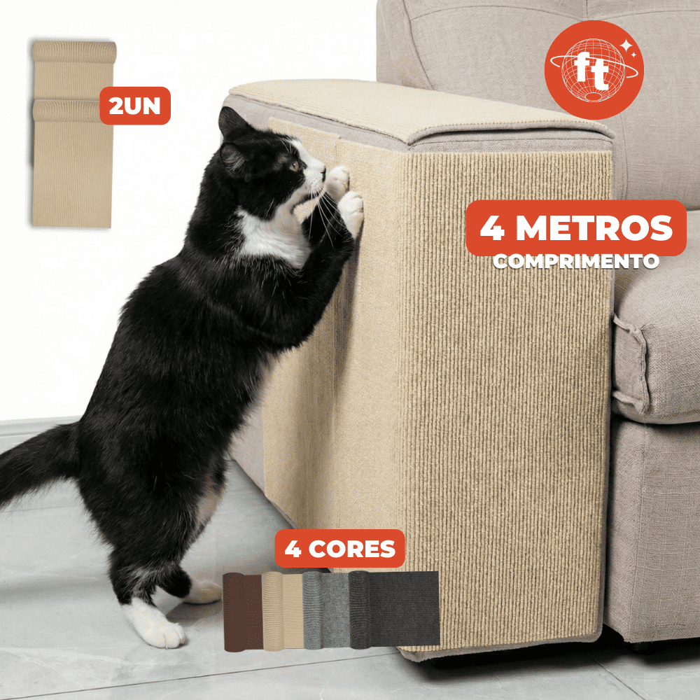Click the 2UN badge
pyautogui.click(x=135, y=106)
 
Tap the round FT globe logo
pyautogui.click(x=594, y=69)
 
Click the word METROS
pyautogui.click(x=594, y=228)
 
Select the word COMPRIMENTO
pyautogui.click(x=576, y=262)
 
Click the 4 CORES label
pyautogui.click(x=339, y=549)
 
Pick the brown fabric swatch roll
pyautogui.click(x=242, y=612)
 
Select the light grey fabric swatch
pyautogui.click(x=325, y=610)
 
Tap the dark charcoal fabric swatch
pyautogui.click(x=393, y=610)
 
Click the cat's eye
pyautogui.click(x=294, y=167)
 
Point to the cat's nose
pyautogui.click(x=323, y=170)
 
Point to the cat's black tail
pyautogui.click(x=36, y=461)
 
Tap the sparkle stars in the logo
pyautogui.click(x=629, y=48)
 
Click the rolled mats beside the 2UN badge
pyautogui.click(x=73, y=134)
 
